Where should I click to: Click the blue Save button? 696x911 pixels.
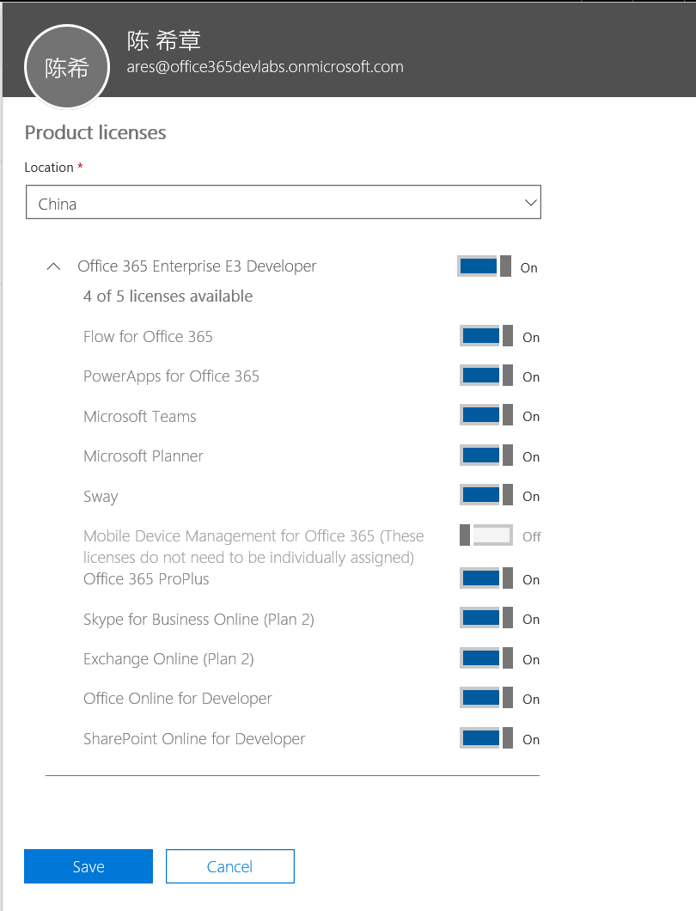click(x=89, y=866)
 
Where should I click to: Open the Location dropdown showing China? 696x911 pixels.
click(x=284, y=204)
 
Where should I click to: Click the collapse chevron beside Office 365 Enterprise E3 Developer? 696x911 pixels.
click(x=53, y=266)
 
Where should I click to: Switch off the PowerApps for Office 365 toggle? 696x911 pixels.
click(x=486, y=376)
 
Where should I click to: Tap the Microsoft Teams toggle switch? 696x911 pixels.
click(x=486, y=416)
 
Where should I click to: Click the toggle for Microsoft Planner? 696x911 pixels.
click(x=486, y=456)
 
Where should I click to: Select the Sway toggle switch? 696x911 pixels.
click(x=486, y=496)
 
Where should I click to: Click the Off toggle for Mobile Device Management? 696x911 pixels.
click(x=486, y=536)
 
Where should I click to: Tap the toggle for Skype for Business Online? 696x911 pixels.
click(x=486, y=619)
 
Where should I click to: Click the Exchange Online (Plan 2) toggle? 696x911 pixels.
click(x=486, y=659)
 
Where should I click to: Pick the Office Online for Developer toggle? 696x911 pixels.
click(x=486, y=699)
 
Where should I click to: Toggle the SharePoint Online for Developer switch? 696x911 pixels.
click(x=486, y=739)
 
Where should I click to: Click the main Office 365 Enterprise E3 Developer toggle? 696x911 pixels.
click(x=485, y=266)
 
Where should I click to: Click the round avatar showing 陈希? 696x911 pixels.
click(x=67, y=68)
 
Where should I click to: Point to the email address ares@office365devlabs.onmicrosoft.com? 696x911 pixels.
click(x=265, y=67)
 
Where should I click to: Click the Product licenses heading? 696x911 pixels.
click(x=95, y=133)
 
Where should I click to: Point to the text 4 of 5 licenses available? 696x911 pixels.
click(x=168, y=297)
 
